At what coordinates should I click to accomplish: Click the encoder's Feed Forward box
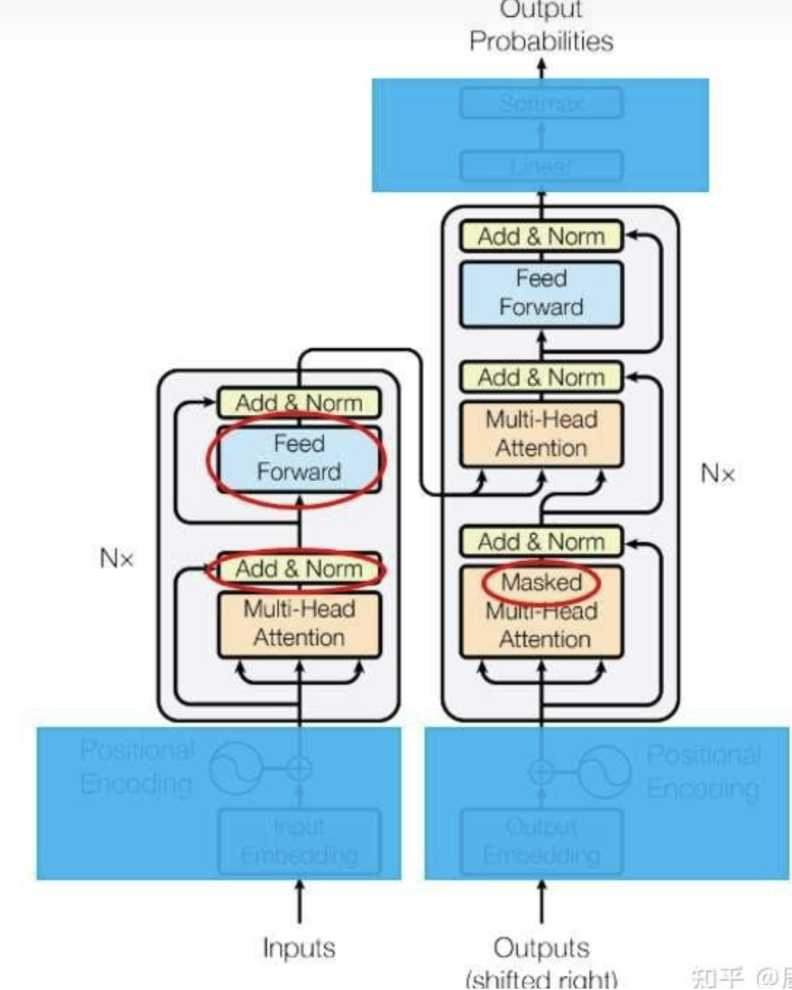click(x=299, y=459)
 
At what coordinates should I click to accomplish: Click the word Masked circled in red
click(x=541, y=583)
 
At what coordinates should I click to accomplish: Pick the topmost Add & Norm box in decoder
click(x=541, y=237)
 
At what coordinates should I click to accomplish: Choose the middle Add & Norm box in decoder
click(x=541, y=377)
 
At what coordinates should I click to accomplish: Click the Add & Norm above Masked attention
click(x=541, y=542)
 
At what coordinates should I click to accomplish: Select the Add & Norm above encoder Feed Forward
click(x=299, y=403)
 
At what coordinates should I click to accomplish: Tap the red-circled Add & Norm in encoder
click(x=299, y=569)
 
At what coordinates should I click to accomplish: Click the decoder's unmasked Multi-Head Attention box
click(x=541, y=434)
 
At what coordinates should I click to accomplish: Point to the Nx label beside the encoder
click(x=116, y=558)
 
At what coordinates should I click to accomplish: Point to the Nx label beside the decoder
click(x=717, y=473)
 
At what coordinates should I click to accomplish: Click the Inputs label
click(x=299, y=948)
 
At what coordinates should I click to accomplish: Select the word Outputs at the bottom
click(x=541, y=948)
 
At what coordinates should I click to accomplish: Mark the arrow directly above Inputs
click(x=299, y=902)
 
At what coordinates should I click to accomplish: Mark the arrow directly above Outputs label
click(x=541, y=902)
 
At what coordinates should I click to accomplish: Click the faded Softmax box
click(x=541, y=103)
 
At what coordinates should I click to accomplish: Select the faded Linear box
click(x=541, y=166)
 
